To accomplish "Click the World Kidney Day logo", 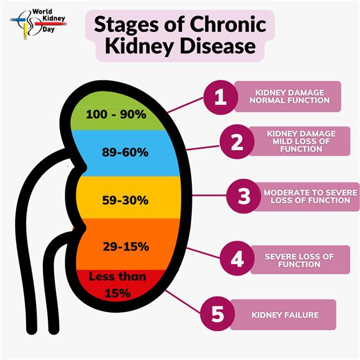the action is (x=39, y=24).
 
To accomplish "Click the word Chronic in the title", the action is (x=228, y=25).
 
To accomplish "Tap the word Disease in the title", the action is (x=217, y=46).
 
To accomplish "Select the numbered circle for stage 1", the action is (x=220, y=97).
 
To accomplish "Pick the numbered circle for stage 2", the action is (x=237, y=141).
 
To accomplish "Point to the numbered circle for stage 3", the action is (x=244, y=196).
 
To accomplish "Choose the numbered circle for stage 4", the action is (x=237, y=258).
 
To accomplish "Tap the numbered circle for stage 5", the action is (x=217, y=314).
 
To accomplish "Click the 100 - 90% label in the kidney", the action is (x=116, y=114).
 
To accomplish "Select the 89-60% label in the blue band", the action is (x=125, y=152).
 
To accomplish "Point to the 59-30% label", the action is (x=125, y=200).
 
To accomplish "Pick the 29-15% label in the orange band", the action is (x=126, y=247).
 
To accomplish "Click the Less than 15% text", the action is (x=118, y=285).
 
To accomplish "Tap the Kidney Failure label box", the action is (x=283, y=315).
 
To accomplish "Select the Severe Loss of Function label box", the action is (x=300, y=260).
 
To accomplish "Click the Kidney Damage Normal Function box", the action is (x=288, y=97).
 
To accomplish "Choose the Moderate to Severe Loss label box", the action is (x=306, y=197).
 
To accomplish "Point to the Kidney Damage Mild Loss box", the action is (x=300, y=141).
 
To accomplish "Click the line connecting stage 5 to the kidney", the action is (x=183, y=301).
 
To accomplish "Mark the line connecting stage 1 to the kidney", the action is (x=186, y=105).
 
